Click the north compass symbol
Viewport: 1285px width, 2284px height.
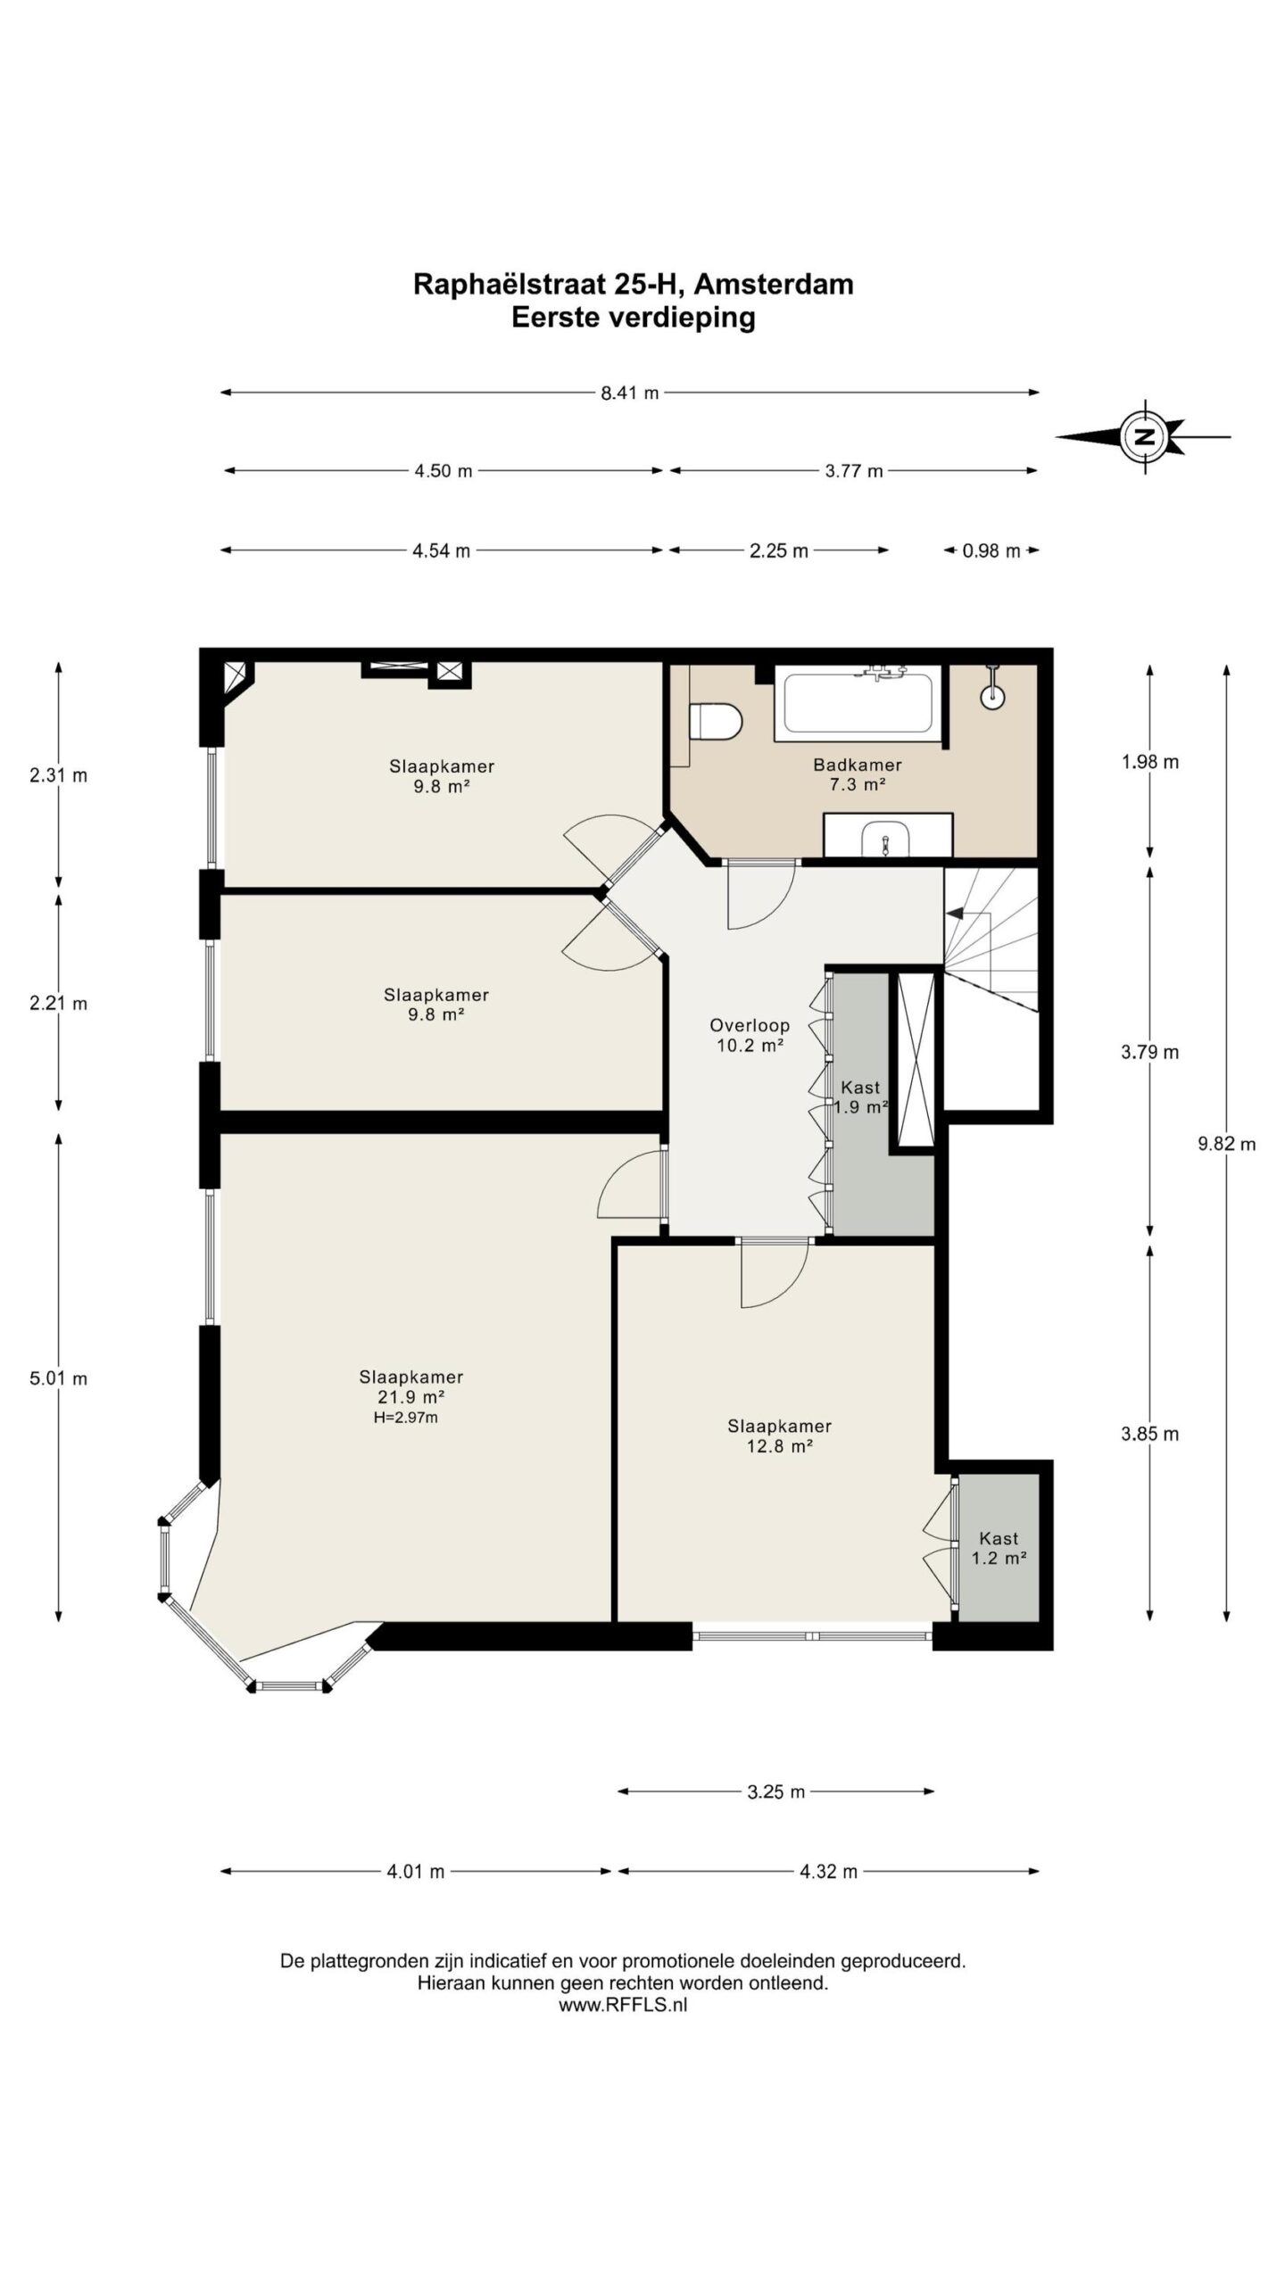pos(1144,437)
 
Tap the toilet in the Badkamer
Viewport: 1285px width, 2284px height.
pos(716,721)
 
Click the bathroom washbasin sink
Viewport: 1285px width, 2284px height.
pos(885,838)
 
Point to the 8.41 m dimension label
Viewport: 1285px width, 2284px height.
pos(630,393)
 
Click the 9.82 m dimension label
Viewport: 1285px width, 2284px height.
pos(1227,1144)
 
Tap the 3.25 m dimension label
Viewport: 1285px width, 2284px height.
pos(776,1792)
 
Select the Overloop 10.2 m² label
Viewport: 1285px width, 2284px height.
pos(750,1035)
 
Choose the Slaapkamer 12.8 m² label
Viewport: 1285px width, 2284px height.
pos(779,1436)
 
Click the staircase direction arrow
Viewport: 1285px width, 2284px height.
pos(955,914)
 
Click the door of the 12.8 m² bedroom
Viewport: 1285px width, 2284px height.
pos(775,1276)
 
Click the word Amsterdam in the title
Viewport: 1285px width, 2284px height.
pos(774,284)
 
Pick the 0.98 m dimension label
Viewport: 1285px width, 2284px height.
pos(991,550)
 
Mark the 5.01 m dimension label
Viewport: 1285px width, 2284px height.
pos(59,1378)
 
